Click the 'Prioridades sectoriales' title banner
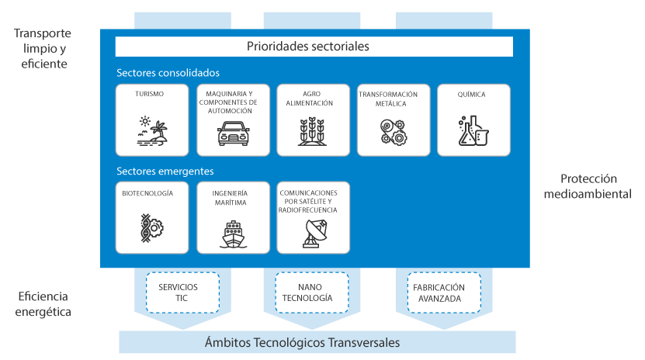[314, 47]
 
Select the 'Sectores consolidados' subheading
[168, 73]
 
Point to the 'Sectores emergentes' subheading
[165, 171]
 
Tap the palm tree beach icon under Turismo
[152, 131]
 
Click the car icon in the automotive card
[233, 133]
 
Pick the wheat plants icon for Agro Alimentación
[313, 131]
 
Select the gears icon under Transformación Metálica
[394, 132]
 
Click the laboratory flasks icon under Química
[473, 130]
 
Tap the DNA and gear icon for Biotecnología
[152, 228]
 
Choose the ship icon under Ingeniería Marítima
[233, 234]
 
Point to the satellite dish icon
[314, 234]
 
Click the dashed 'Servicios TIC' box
[182, 292]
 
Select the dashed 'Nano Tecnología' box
[312, 292]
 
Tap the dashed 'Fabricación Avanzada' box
[444, 292]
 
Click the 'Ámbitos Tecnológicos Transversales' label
[303, 342]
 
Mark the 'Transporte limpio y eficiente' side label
[43, 49]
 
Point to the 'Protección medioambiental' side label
[588, 186]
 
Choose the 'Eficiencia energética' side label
[43, 304]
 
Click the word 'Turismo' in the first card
[149, 94]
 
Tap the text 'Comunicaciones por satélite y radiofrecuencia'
[307, 202]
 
